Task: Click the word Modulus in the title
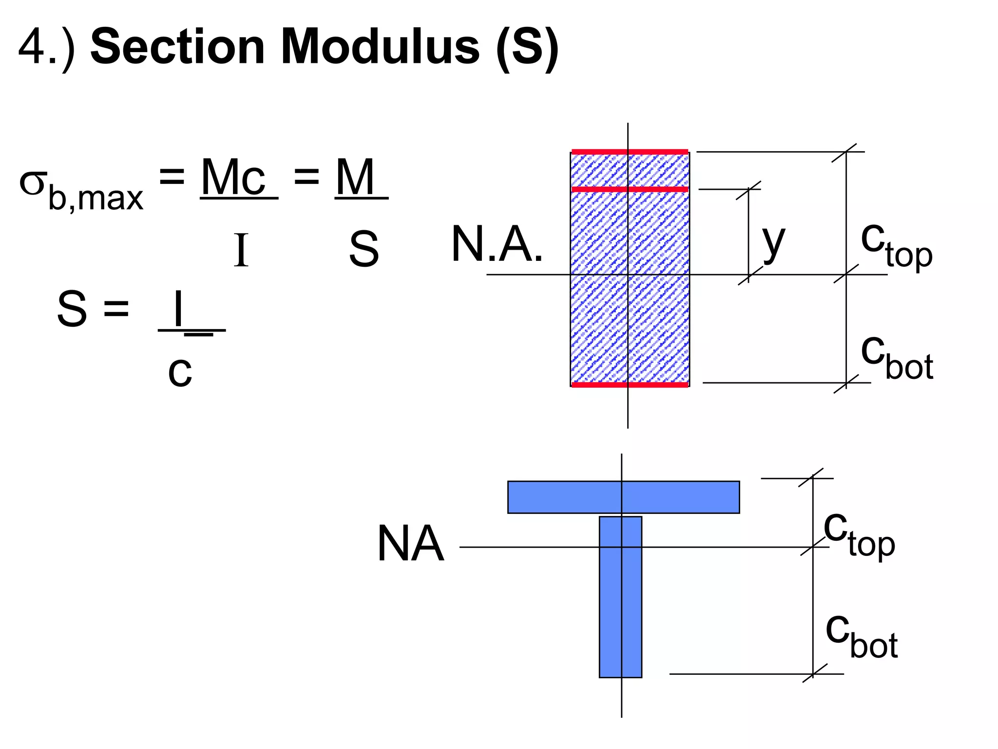pos(380,47)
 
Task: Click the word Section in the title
pos(177,47)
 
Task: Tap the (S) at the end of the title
pos(527,47)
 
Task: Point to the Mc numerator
pos(234,177)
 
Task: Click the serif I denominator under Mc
pos(241,250)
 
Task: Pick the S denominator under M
pos(364,250)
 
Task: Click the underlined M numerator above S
pos(356,177)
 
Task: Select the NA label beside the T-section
pos(410,544)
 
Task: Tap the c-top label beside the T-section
pos(859,535)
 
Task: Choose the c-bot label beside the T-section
pos(861,636)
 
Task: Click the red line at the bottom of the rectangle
pos(629,385)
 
